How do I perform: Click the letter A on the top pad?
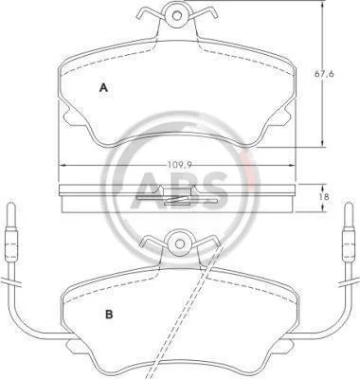[x=103, y=87]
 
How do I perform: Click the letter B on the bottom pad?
[x=109, y=315]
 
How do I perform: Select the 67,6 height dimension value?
[x=324, y=74]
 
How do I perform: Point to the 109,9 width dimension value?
[x=180, y=164]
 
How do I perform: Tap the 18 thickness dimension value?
[x=326, y=197]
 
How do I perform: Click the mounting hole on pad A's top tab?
[x=177, y=15]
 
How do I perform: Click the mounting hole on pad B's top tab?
[x=180, y=244]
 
